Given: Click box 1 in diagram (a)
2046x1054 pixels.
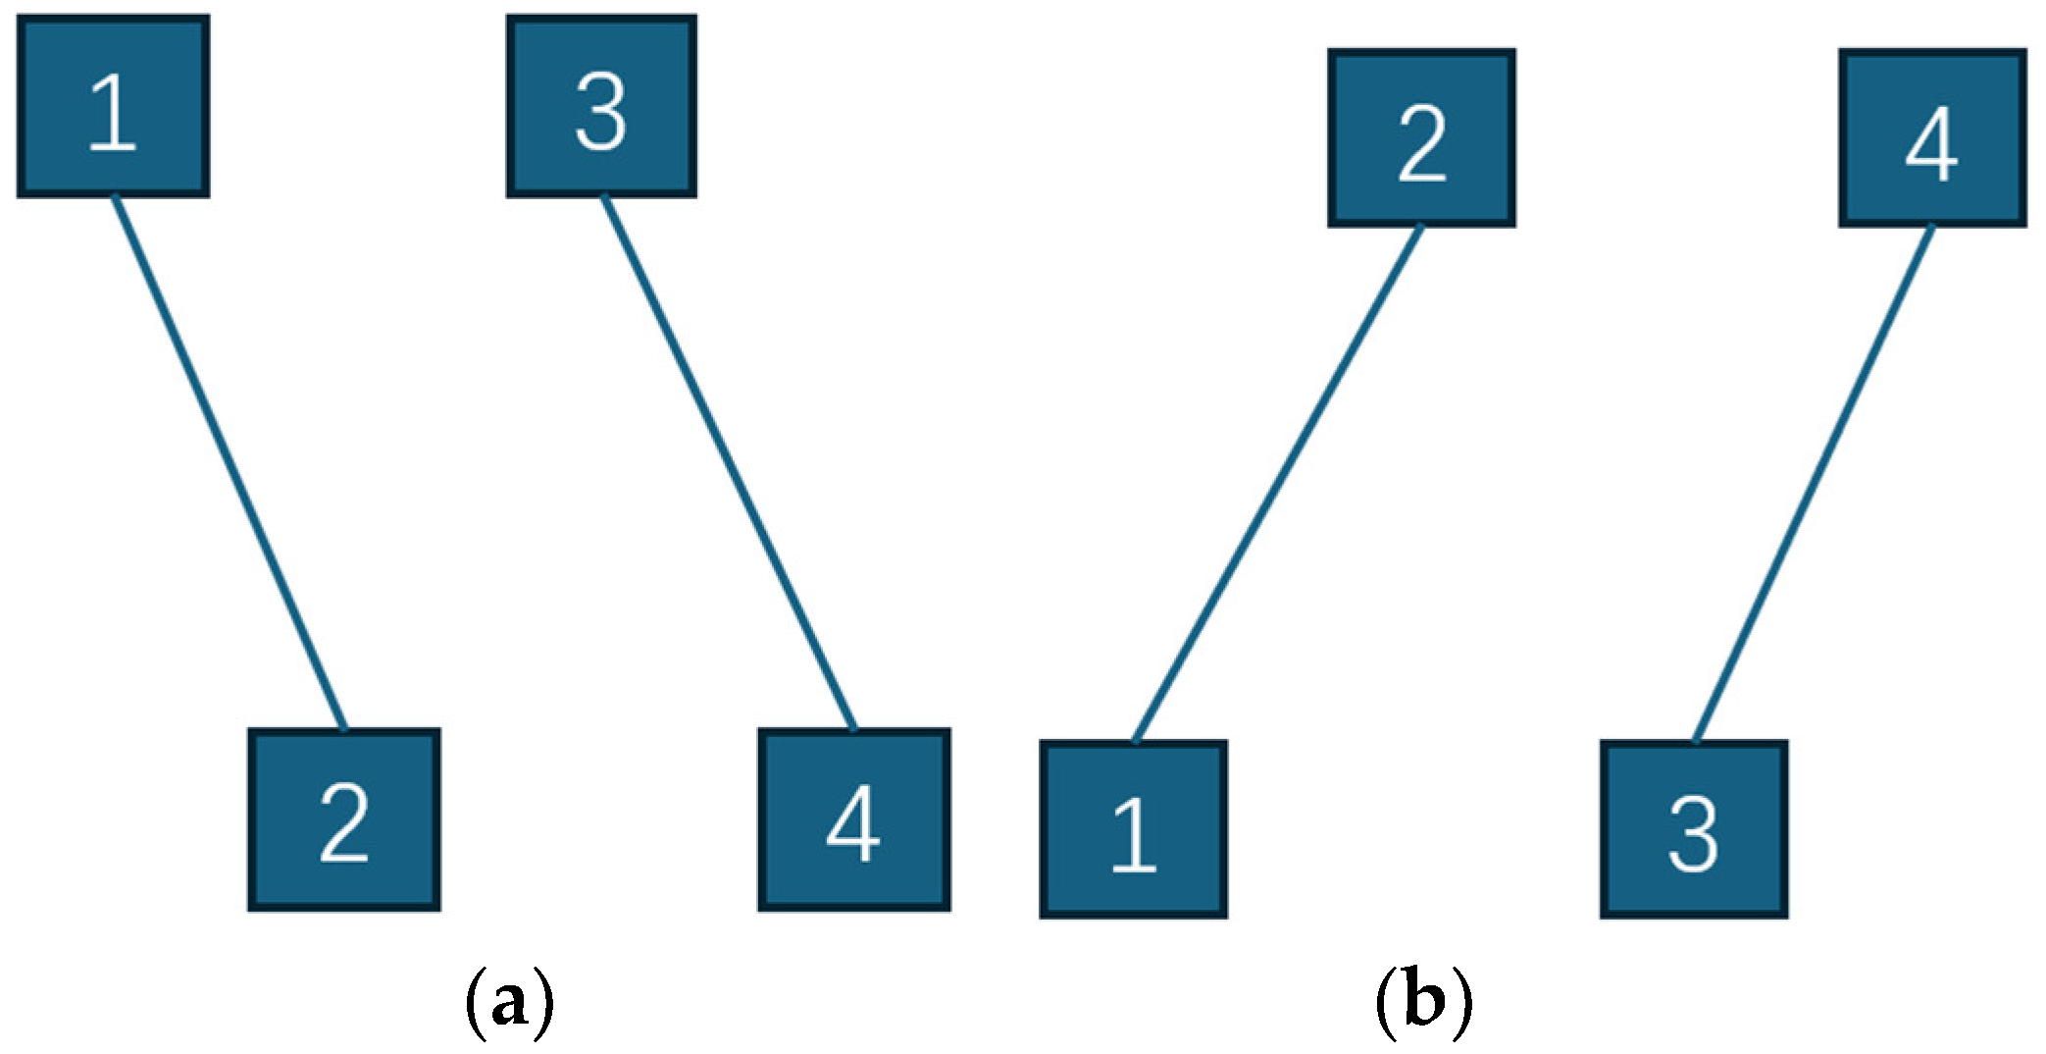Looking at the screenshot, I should (113, 106).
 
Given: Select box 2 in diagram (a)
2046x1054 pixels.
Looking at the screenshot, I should (343, 819).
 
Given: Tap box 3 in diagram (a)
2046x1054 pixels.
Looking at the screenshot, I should (601, 106).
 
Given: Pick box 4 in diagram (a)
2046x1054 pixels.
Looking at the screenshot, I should (853, 819).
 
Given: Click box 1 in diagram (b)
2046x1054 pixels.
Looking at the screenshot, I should (1133, 829).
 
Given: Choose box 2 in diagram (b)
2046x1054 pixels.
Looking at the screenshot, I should (1421, 138).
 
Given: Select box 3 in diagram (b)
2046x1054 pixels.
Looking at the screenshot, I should (1694, 829).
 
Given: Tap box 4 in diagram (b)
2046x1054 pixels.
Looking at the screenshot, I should (1931, 138).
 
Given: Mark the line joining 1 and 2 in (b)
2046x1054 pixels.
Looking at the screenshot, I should (1277, 484).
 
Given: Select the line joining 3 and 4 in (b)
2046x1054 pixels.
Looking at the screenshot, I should (1814, 484).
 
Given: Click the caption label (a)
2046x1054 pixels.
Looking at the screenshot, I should (509, 1002).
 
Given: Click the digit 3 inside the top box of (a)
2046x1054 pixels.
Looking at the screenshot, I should (600, 114).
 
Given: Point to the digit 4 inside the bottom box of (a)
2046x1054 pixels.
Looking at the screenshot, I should (852, 825).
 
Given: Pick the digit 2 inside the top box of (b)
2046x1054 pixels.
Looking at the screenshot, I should (1421, 144).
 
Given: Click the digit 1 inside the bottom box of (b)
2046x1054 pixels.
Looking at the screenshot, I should (1134, 835).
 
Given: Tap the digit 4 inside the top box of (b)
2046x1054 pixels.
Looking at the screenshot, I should (1931, 144).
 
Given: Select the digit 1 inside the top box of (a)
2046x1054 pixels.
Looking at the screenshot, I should (113, 114).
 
